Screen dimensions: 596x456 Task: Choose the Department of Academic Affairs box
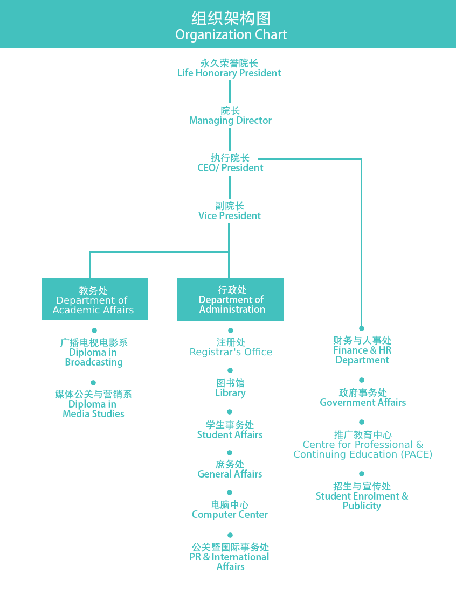pyautogui.click(x=94, y=299)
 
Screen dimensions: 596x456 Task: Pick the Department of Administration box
pyautogui.click(x=231, y=299)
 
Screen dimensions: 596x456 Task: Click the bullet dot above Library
pyautogui.click(x=230, y=370)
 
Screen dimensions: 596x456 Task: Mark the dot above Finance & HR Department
pyautogui.click(x=361, y=328)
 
